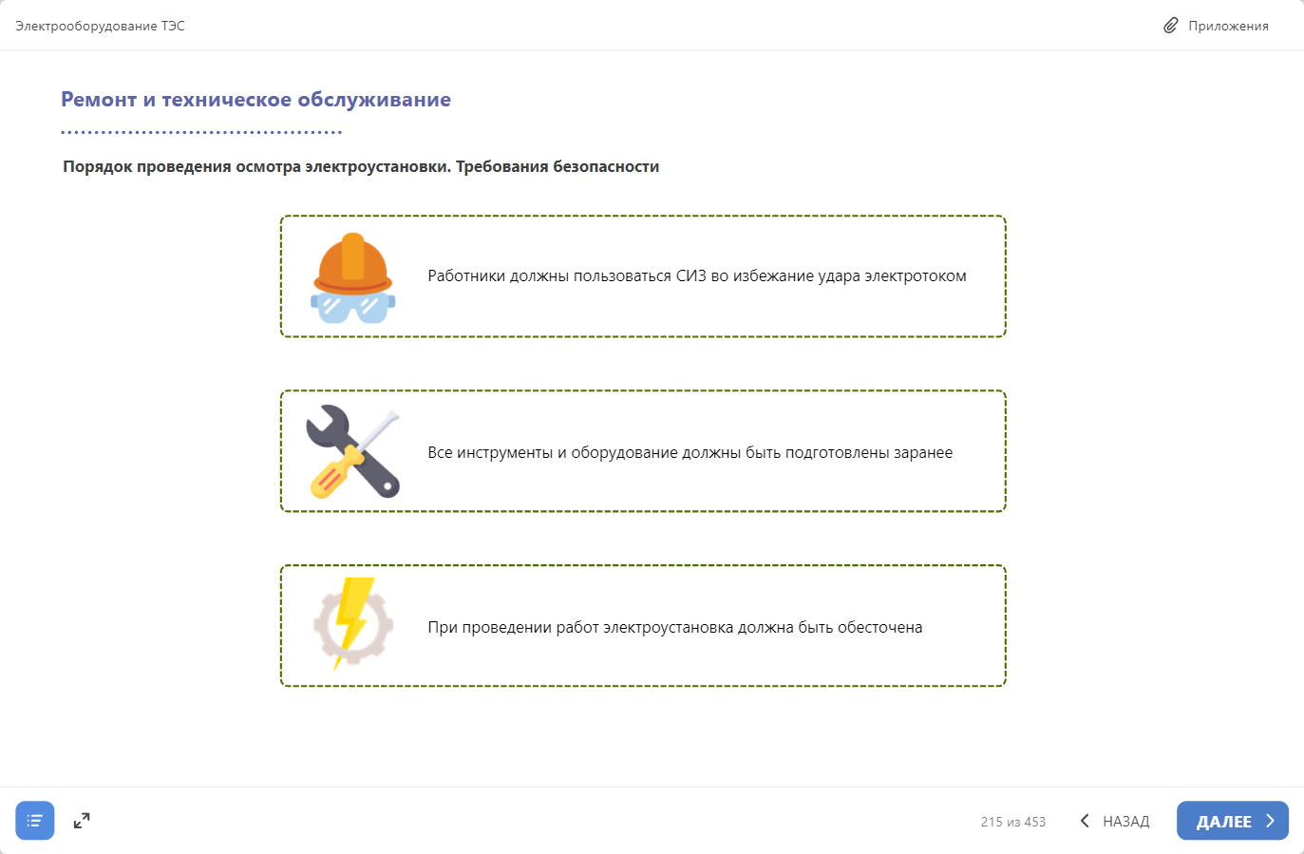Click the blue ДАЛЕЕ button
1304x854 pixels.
[x=1232, y=820]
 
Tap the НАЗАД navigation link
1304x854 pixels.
[x=1115, y=821]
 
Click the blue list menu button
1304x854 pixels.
[x=35, y=820]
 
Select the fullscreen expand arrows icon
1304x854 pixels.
[x=82, y=820]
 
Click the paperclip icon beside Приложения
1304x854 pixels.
[x=1170, y=26]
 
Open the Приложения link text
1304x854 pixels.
[x=1228, y=27]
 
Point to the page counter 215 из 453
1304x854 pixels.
[x=1013, y=822]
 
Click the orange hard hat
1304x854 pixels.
[x=352, y=264]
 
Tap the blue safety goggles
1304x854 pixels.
[x=352, y=309]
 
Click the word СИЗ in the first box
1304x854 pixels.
[x=690, y=275]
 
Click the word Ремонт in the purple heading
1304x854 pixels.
[x=99, y=100]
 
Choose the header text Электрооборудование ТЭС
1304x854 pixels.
[x=100, y=27]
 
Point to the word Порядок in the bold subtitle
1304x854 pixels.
[x=98, y=167]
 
